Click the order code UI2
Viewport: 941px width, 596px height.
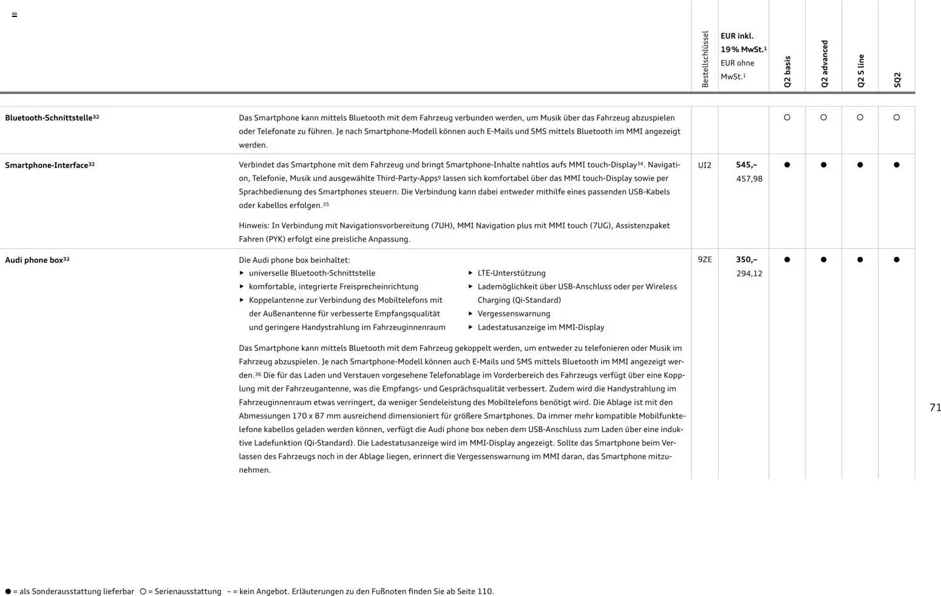tap(704, 165)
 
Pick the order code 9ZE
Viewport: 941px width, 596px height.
tap(704, 260)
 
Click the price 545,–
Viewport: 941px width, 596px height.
tap(746, 165)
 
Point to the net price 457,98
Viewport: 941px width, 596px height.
tap(749, 179)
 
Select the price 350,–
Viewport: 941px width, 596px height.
tap(746, 260)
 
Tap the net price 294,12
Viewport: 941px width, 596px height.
tap(749, 274)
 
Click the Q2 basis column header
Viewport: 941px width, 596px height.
tap(787, 72)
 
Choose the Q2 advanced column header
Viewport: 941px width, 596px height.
tap(824, 64)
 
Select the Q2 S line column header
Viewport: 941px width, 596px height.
tap(860, 70)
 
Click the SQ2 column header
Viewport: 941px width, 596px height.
tap(897, 80)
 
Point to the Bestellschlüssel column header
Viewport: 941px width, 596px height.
tap(705, 59)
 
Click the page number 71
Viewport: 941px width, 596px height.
tap(935, 408)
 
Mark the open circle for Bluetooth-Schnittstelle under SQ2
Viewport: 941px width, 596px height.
tap(896, 118)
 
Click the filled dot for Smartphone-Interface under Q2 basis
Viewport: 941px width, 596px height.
tap(787, 165)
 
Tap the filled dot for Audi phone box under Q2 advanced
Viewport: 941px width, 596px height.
tap(823, 260)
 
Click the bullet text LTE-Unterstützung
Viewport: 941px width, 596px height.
tap(511, 273)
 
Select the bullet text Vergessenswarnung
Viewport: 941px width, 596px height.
tap(514, 314)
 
